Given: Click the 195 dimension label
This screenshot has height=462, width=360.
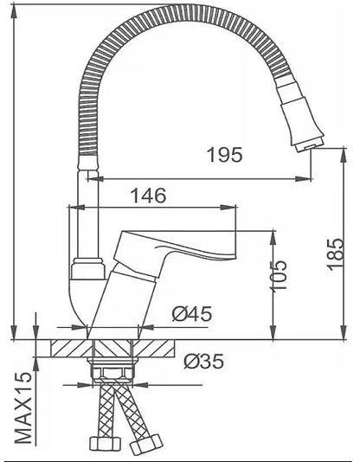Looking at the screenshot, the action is coord(225,154).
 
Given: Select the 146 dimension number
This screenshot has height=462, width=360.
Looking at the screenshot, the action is coord(148,196).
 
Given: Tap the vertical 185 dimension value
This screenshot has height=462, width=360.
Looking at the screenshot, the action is coord(336,253).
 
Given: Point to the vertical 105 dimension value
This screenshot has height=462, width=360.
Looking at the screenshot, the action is coord(279,275).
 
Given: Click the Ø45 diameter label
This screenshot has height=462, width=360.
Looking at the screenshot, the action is coord(192,314).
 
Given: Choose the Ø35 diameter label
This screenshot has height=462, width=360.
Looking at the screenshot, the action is coord(204,362).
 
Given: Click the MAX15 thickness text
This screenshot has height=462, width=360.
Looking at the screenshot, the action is coord(23,407).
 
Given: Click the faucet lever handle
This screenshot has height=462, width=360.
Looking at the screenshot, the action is coord(177,245).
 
